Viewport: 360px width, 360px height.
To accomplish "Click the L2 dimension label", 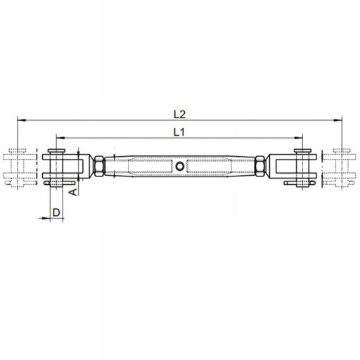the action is point(179,115).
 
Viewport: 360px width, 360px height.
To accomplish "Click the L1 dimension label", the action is point(179,133).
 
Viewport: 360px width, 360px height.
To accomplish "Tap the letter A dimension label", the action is point(74,192).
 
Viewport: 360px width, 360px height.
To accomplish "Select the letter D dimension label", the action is point(56,212).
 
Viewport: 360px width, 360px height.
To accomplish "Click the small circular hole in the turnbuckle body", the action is point(180,166).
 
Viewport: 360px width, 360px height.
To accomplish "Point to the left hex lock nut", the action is point(99,166).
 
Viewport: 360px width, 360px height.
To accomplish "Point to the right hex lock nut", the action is point(260,166).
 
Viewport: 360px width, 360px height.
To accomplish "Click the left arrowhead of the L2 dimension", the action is point(21,120).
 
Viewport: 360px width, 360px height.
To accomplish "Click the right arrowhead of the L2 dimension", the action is point(337,120).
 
